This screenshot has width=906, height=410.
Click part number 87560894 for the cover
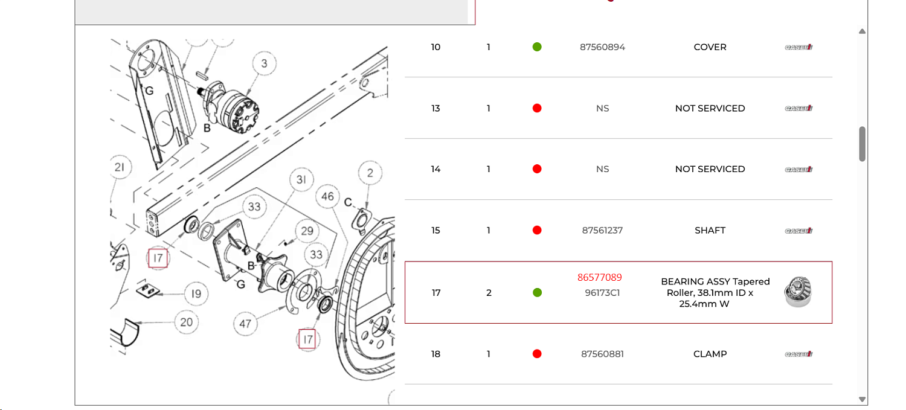pyautogui.click(x=602, y=47)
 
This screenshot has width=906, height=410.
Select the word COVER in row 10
pyautogui.click(x=710, y=47)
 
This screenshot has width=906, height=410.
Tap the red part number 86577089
pyautogui.click(x=599, y=277)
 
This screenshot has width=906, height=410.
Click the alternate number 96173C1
pyautogui.click(x=602, y=293)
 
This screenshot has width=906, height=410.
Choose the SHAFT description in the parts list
pyautogui.click(x=710, y=231)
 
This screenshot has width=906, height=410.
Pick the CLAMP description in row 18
pyautogui.click(x=710, y=354)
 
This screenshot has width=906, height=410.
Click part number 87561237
pyautogui.click(x=602, y=231)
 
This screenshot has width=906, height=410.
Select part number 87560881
pyautogui.click(x=602, y=354)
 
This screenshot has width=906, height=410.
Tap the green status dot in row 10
pyautogui.click(x=537, y=47)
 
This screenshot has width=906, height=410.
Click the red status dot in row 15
pyautogui.click(x=537, y=230)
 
